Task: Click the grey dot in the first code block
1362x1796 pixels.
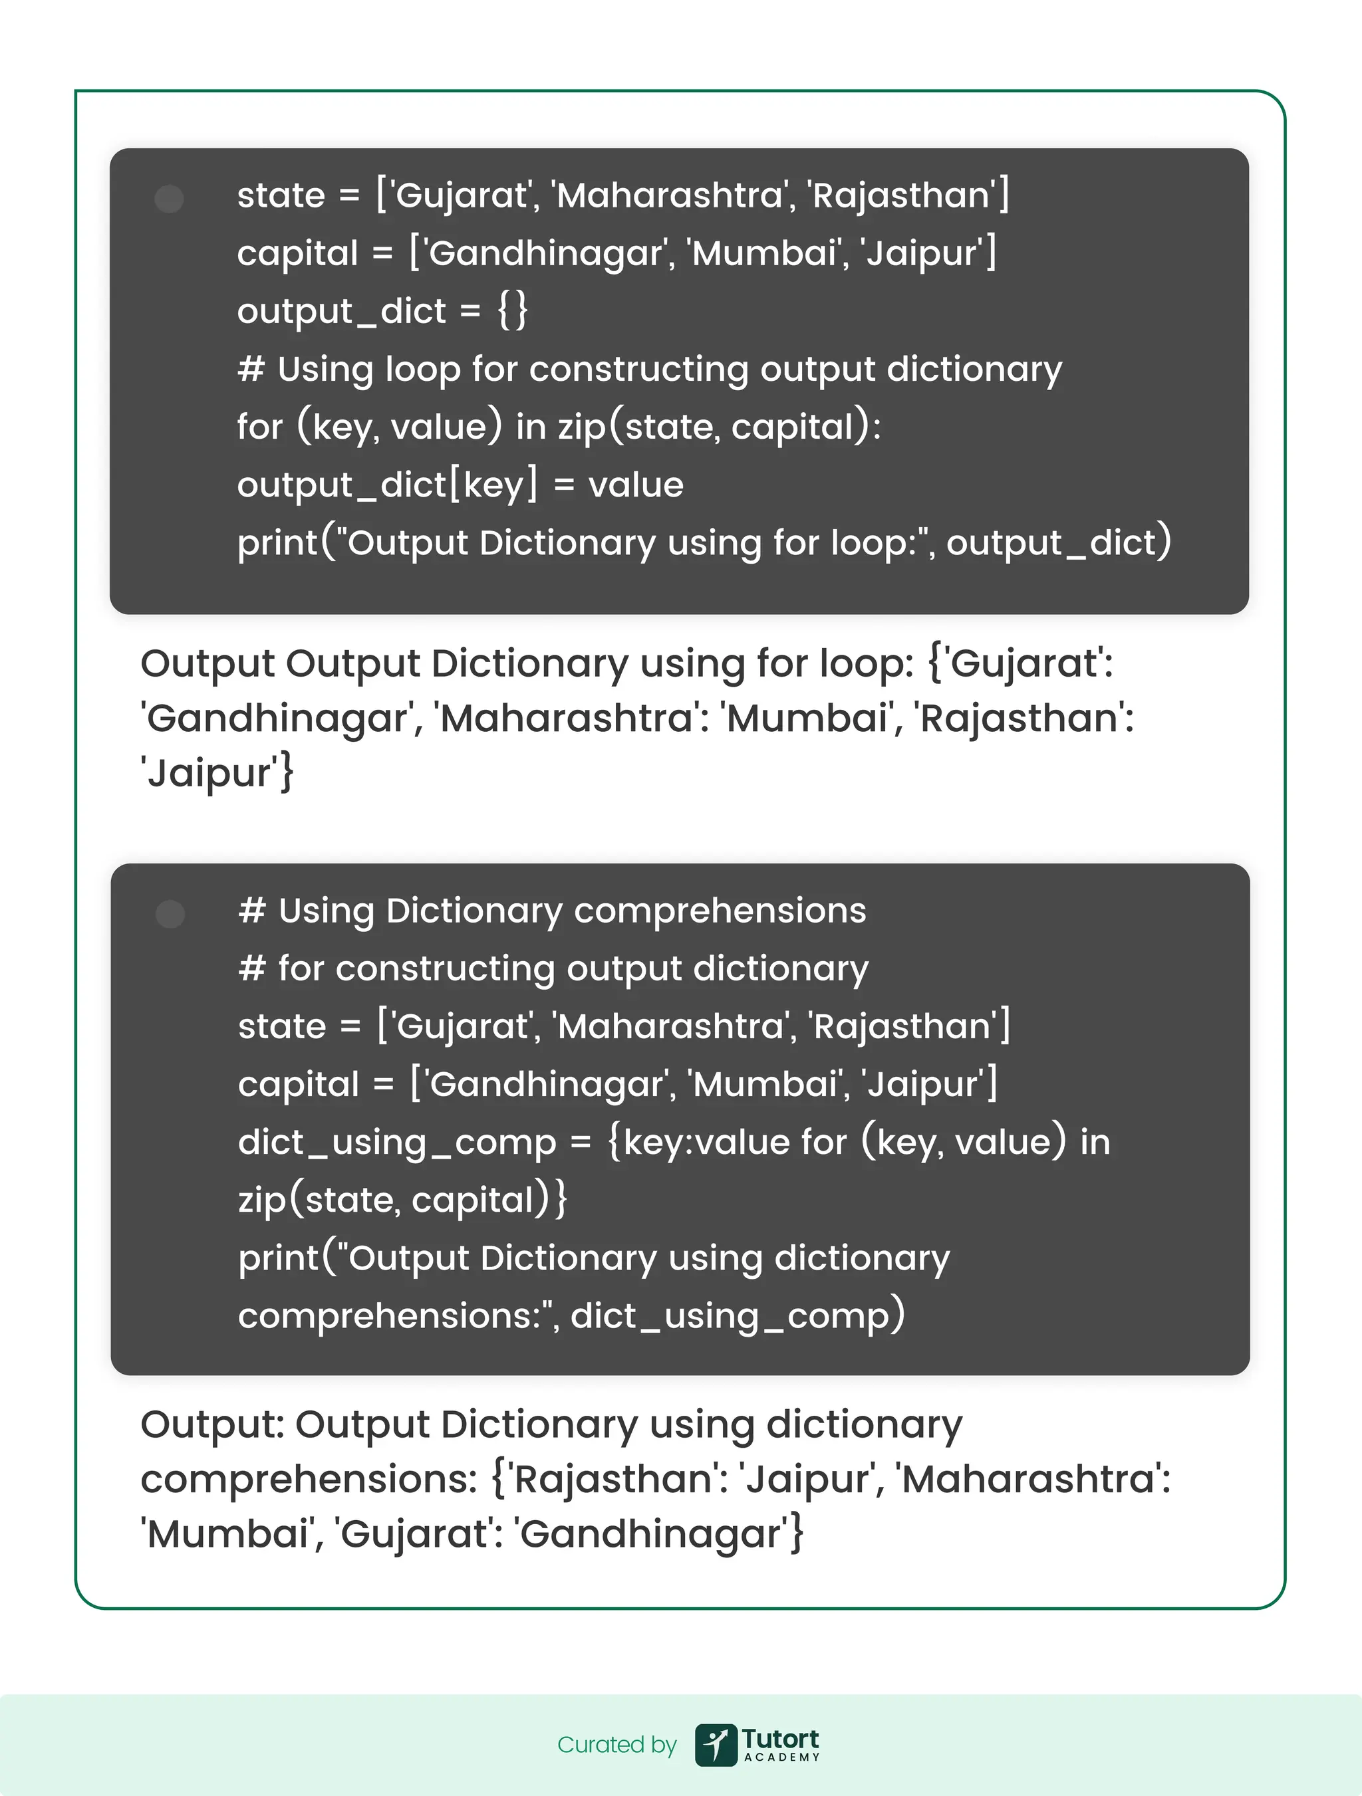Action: click(169, 199)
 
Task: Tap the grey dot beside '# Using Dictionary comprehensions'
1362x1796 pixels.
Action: click(170, 914)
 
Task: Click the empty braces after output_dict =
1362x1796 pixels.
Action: click(513, 311)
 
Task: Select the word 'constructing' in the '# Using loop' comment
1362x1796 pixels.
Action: click(638, 370)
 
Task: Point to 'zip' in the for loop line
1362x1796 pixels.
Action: click(581, 428)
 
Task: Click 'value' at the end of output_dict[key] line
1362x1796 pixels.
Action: click(635, 485)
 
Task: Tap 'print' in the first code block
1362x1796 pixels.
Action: click(278, 544)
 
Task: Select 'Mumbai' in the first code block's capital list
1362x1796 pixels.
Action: click(763, 253)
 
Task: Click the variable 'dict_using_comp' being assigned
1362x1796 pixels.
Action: click(396, 1143)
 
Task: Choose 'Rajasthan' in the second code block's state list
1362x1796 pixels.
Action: click(902, 1026)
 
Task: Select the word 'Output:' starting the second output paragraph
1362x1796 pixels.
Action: click(212, 1425)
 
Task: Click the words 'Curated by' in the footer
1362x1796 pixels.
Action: click(616, 1744)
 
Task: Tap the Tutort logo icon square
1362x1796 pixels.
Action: click(716, 1745)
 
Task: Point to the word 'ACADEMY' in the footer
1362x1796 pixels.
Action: click(781, 1757)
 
